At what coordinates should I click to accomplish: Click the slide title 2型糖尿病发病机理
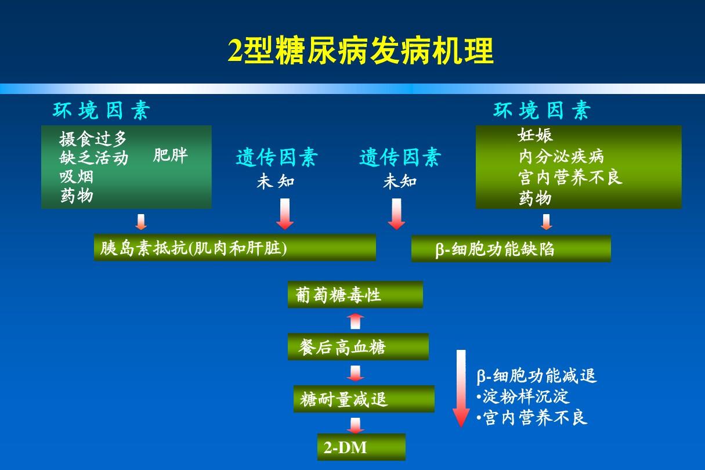coord(360,51)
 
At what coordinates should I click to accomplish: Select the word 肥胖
coord(171,156)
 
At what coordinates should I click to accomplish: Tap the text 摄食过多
coord(93,139)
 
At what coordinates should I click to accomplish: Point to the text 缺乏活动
coord(93,157)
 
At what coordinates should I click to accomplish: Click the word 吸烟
coord(76,176)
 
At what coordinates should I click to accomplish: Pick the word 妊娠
coord(535,136)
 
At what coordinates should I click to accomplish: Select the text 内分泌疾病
coord(561,156)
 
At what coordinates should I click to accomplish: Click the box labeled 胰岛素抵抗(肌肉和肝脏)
coord(234,248)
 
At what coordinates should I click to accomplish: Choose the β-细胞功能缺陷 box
coord(511,249)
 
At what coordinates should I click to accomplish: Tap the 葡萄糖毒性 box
coord(355,295)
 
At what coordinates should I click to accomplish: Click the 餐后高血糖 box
coord(358,347)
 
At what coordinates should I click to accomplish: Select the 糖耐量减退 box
coord(364,399)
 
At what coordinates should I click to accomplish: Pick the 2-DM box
coord(361,447)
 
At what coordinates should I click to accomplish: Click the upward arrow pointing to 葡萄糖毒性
coord(355,321)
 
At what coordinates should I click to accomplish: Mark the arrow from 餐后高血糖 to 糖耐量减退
coord(355,373)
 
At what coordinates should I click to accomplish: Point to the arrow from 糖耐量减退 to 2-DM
coord(355,425)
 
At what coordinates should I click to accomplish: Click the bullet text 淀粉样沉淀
coord(526,397)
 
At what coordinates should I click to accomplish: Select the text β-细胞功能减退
coord(537,376)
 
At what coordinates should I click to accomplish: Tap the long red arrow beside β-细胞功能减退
coord(461,388)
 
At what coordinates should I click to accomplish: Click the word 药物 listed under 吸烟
coord(76,196)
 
